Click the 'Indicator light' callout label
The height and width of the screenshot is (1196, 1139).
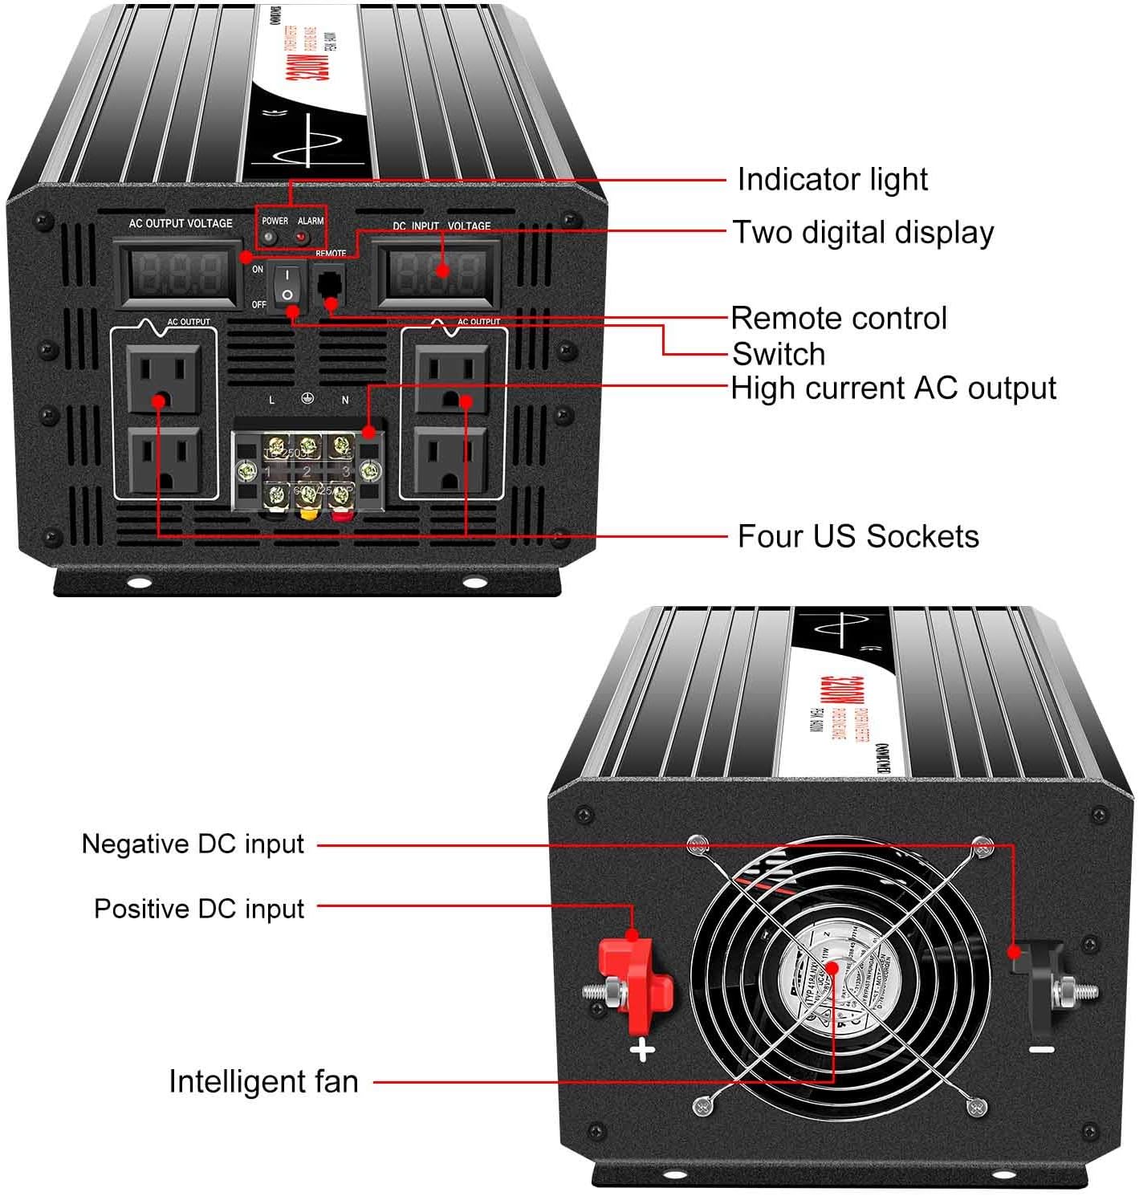point(832,180)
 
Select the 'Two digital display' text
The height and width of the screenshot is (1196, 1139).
point(863,233)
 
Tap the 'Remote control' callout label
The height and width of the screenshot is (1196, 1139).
point(839,319)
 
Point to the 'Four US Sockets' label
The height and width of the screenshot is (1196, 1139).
point(857,536)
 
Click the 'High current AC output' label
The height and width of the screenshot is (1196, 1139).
point(893,388)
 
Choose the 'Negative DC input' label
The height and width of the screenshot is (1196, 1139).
point(193,844)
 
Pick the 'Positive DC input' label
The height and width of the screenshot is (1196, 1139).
point(199,909)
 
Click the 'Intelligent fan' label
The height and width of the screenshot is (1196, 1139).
point(263,1082)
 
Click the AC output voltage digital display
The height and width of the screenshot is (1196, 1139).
point(179,275)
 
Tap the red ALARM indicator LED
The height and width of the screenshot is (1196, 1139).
point(303,238)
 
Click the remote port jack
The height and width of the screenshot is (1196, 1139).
point(328,284)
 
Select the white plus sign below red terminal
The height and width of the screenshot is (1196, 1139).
point(642,1050)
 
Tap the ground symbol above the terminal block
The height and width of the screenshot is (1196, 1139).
point(307,399)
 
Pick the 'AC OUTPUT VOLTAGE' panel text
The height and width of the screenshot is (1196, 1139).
point(181,223)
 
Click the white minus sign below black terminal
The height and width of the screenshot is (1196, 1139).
point(1041,1049)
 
